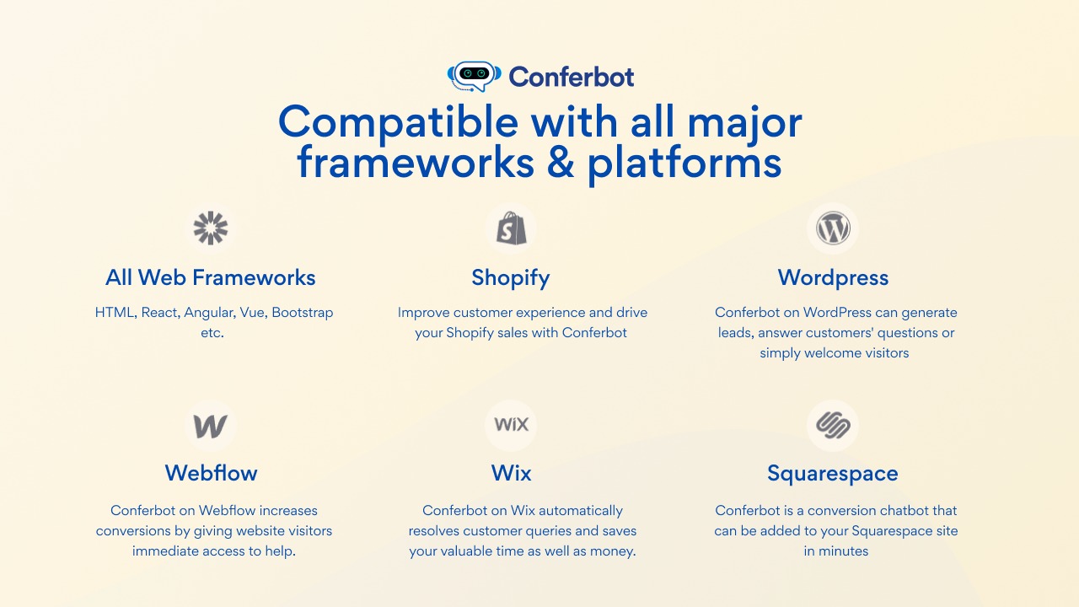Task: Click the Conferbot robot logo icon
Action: (474, 76)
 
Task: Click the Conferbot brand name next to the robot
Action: (572, 77)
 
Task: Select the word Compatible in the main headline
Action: (398, 124)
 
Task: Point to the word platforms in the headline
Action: (684, 164)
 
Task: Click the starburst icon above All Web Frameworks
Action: (211, 228)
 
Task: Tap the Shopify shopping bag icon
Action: (511, 228)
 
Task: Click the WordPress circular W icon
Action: (833, 228)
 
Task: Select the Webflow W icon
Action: (210, 427)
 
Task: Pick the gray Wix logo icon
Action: (511, 424)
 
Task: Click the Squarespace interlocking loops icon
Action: (833, 426)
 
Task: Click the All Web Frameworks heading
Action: (211, 277)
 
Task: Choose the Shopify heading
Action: (511, 278)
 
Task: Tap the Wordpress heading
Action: (833, 278)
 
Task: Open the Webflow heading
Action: (211, 473)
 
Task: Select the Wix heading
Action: (511, 473)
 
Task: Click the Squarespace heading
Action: (833, 474)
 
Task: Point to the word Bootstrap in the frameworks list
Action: (303, 313)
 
